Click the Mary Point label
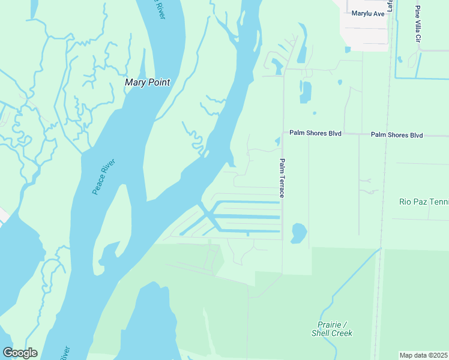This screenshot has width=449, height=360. [147, 82]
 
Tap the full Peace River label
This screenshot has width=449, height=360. [103, 176]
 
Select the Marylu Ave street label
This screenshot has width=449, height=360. [368, 13]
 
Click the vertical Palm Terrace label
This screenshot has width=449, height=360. [281, 178]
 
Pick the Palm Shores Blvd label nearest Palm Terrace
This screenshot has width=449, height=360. [315, 133]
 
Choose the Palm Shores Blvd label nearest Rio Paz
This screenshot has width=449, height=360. [397, 135]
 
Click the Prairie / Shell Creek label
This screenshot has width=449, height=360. [331, 329]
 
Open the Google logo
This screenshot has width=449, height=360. [20, 353]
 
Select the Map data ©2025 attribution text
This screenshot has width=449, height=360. [424, 355]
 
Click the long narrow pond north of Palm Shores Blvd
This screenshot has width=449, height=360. [306, 92]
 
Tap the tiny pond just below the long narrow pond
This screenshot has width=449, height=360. [314, 113]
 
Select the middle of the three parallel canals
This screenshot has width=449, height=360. [246, 217]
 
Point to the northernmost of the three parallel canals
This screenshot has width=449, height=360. [246, 202]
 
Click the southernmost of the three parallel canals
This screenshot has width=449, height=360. [249, 230]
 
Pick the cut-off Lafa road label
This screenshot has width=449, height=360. [390, 5]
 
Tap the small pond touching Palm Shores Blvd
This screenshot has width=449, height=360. [277, 142]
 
